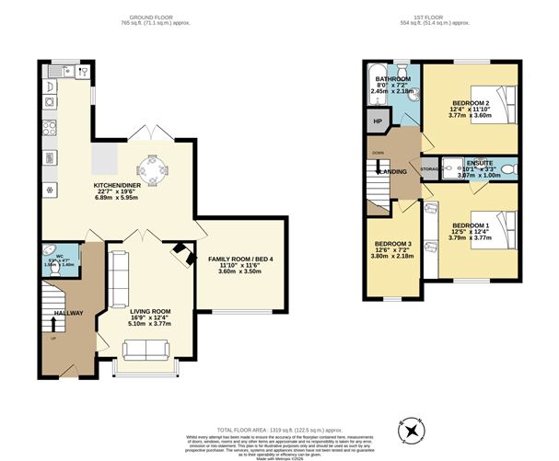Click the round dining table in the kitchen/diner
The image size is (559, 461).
(x=151, y=169)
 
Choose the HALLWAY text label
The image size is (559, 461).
(x=68, y=313)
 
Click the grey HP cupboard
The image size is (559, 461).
(x=377, y=121)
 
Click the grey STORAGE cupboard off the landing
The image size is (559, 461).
(x=429, y=169)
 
